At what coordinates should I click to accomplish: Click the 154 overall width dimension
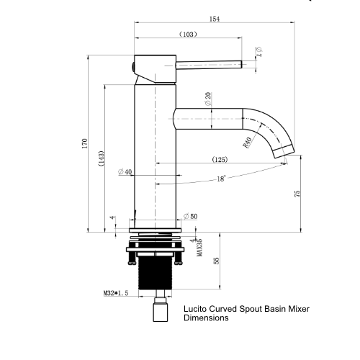coord(214,19)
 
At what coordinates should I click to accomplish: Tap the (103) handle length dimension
coord(188,35)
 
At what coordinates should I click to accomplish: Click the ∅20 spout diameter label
coord(208,99)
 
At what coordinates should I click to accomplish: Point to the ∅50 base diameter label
coord(189,216)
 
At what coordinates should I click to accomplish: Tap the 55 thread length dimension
coord(217,261)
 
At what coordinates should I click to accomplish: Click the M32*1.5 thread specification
coord(117,294)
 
